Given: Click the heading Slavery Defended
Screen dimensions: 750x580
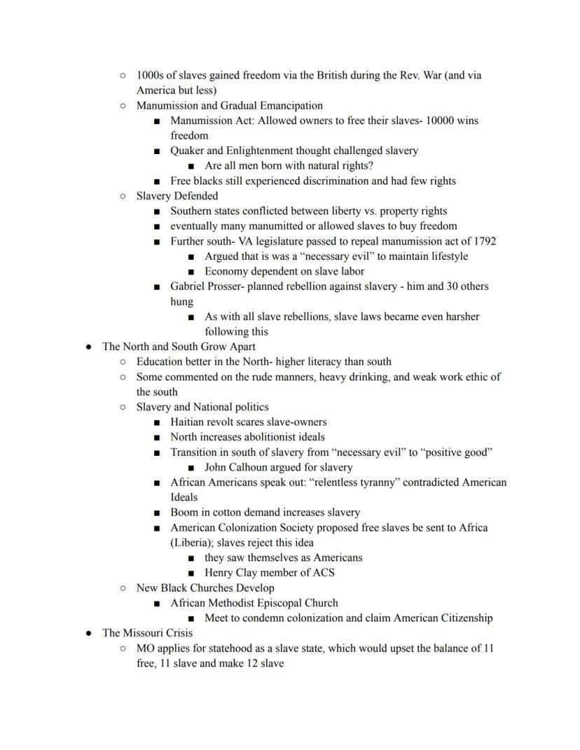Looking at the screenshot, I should [177, 196].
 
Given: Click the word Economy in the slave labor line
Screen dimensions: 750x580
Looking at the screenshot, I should [226, 271].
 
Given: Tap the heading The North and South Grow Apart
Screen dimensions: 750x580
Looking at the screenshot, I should [179, 347].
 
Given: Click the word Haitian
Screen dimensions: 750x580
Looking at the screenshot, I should [188, 422].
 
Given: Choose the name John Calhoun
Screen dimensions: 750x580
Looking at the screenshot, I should [234, 467].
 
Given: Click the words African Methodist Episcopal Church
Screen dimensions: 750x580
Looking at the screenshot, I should [254, 603].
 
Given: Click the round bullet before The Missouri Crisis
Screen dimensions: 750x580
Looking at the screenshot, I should [89, 633].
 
